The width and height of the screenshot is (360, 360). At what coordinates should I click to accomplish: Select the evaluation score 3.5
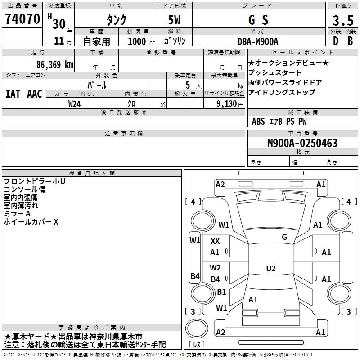pyautogui.click(x=342, y=21)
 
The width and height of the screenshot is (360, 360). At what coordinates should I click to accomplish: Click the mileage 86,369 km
pyautogui.click(x=52, y=64)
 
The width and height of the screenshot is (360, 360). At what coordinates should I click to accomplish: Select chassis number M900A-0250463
pyautogui.click(x=302, y=143)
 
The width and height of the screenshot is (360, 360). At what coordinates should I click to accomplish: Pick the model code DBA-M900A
pyautogui.click(x=258, y=41)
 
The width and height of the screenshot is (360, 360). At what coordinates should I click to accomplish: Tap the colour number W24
pyautogui.click(x=75, y=104)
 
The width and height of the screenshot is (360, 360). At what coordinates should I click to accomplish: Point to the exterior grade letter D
pyautogui.click(x=335, y=41)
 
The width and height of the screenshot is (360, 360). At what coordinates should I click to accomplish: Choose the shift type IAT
pyautogui.click(x=13, y=94)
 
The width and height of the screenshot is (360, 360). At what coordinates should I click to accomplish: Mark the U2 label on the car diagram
pyautogui.click(x=270, y=269)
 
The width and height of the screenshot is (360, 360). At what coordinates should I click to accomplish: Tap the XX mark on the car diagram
pyautogui.click(x=215, y=241)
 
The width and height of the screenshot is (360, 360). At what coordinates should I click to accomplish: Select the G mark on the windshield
pyautogui.click(x=284, y=237)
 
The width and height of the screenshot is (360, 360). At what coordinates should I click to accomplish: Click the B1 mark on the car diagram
pyautogui.click(x=221, y=292)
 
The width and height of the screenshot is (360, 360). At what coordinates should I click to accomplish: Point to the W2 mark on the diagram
pyautogui.click(x=216, y=268)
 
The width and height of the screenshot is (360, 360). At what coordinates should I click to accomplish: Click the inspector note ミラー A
pyautogui.click(x=16, y=214)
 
